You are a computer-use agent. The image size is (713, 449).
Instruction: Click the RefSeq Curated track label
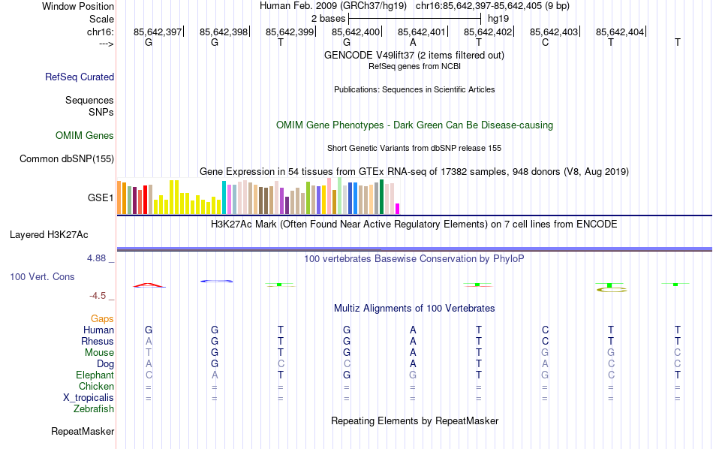tap(80, 77)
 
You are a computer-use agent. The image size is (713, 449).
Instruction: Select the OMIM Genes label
tap(85, 136)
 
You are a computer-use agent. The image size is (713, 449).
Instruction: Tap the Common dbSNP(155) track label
tap(67, 158)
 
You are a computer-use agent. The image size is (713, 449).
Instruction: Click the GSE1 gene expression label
tap(101, 198)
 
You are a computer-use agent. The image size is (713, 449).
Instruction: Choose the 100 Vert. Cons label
tap(42, 277)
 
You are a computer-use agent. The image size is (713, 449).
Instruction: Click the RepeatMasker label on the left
tap(83, 432)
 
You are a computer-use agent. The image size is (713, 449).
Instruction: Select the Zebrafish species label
tap(94, 409)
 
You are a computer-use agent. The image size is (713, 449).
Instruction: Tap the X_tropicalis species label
tap(89, 398)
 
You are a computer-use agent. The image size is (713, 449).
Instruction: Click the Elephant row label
tap(95, 375)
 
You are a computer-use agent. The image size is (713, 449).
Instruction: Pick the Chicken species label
tap(96, 387)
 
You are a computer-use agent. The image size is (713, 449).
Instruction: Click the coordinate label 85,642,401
tap(422, 32)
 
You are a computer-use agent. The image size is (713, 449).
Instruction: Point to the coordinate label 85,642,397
tap(158, 32)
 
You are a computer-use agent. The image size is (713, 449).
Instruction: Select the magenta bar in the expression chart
tap(398, 208)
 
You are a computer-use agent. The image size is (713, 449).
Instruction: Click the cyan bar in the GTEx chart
tap(224, 197)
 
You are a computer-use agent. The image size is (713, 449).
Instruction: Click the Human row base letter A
tap(413, 330)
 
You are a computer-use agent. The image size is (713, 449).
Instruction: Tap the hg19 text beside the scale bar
tap(499, 17)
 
